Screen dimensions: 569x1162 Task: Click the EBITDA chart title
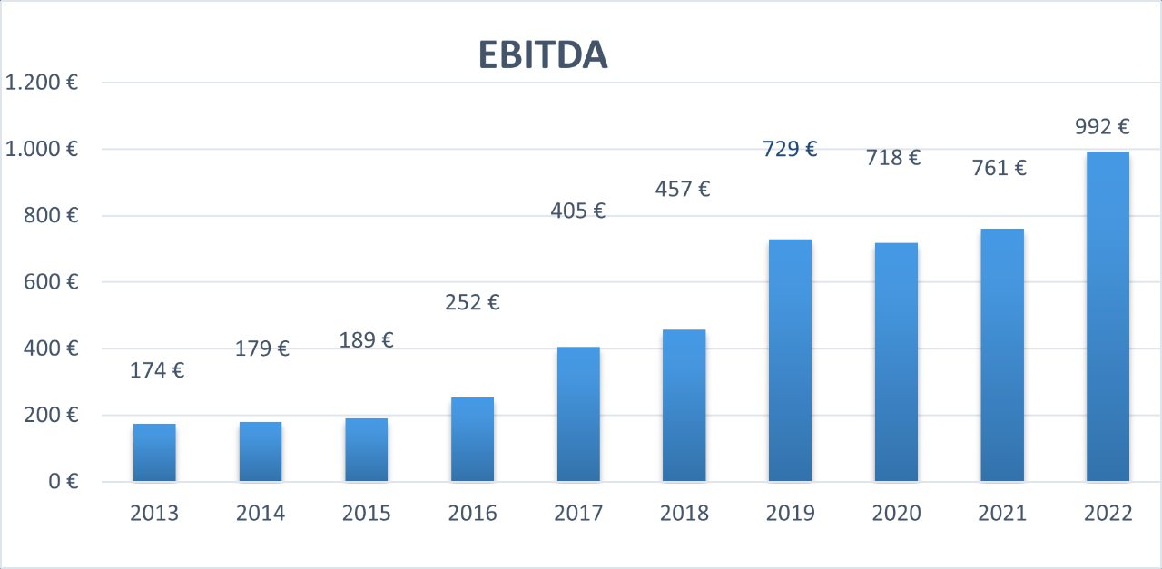tap(543, 56)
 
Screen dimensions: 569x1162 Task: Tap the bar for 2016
tap(472, 439)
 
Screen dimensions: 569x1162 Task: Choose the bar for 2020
tap(896, 362)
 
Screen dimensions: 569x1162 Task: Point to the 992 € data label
tap(1101, 127)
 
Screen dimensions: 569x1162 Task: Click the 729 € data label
tap(790, 149)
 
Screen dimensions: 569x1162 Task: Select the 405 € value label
tap(577, 211)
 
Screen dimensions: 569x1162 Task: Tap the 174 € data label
tap(156, 370)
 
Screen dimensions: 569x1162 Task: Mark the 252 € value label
tap(472, 302)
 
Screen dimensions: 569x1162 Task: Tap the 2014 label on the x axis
tap(261, 514)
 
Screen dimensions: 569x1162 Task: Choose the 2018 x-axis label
tap(684, 514)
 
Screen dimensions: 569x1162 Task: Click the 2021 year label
tap(1002, 514)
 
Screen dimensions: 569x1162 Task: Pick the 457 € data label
tap(683, 190)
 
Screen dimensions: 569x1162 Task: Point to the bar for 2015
tap(366, 449)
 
